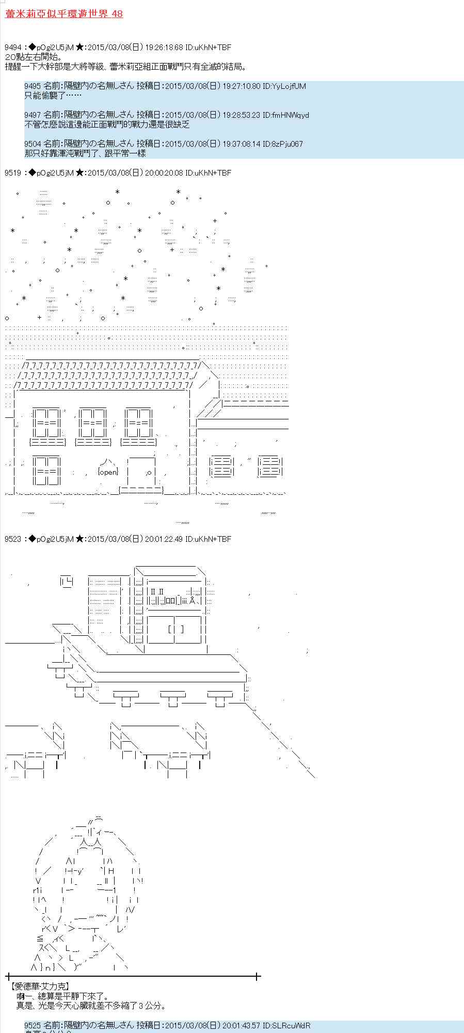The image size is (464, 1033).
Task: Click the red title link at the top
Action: [63, 14]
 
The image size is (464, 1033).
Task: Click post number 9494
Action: [13, 48]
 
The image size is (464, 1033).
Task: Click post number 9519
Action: [13, 173]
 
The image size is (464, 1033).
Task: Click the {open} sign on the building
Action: [108, 472]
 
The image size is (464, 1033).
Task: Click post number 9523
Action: [13, 539]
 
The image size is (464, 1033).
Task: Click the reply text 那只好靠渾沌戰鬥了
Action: [85, 153]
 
